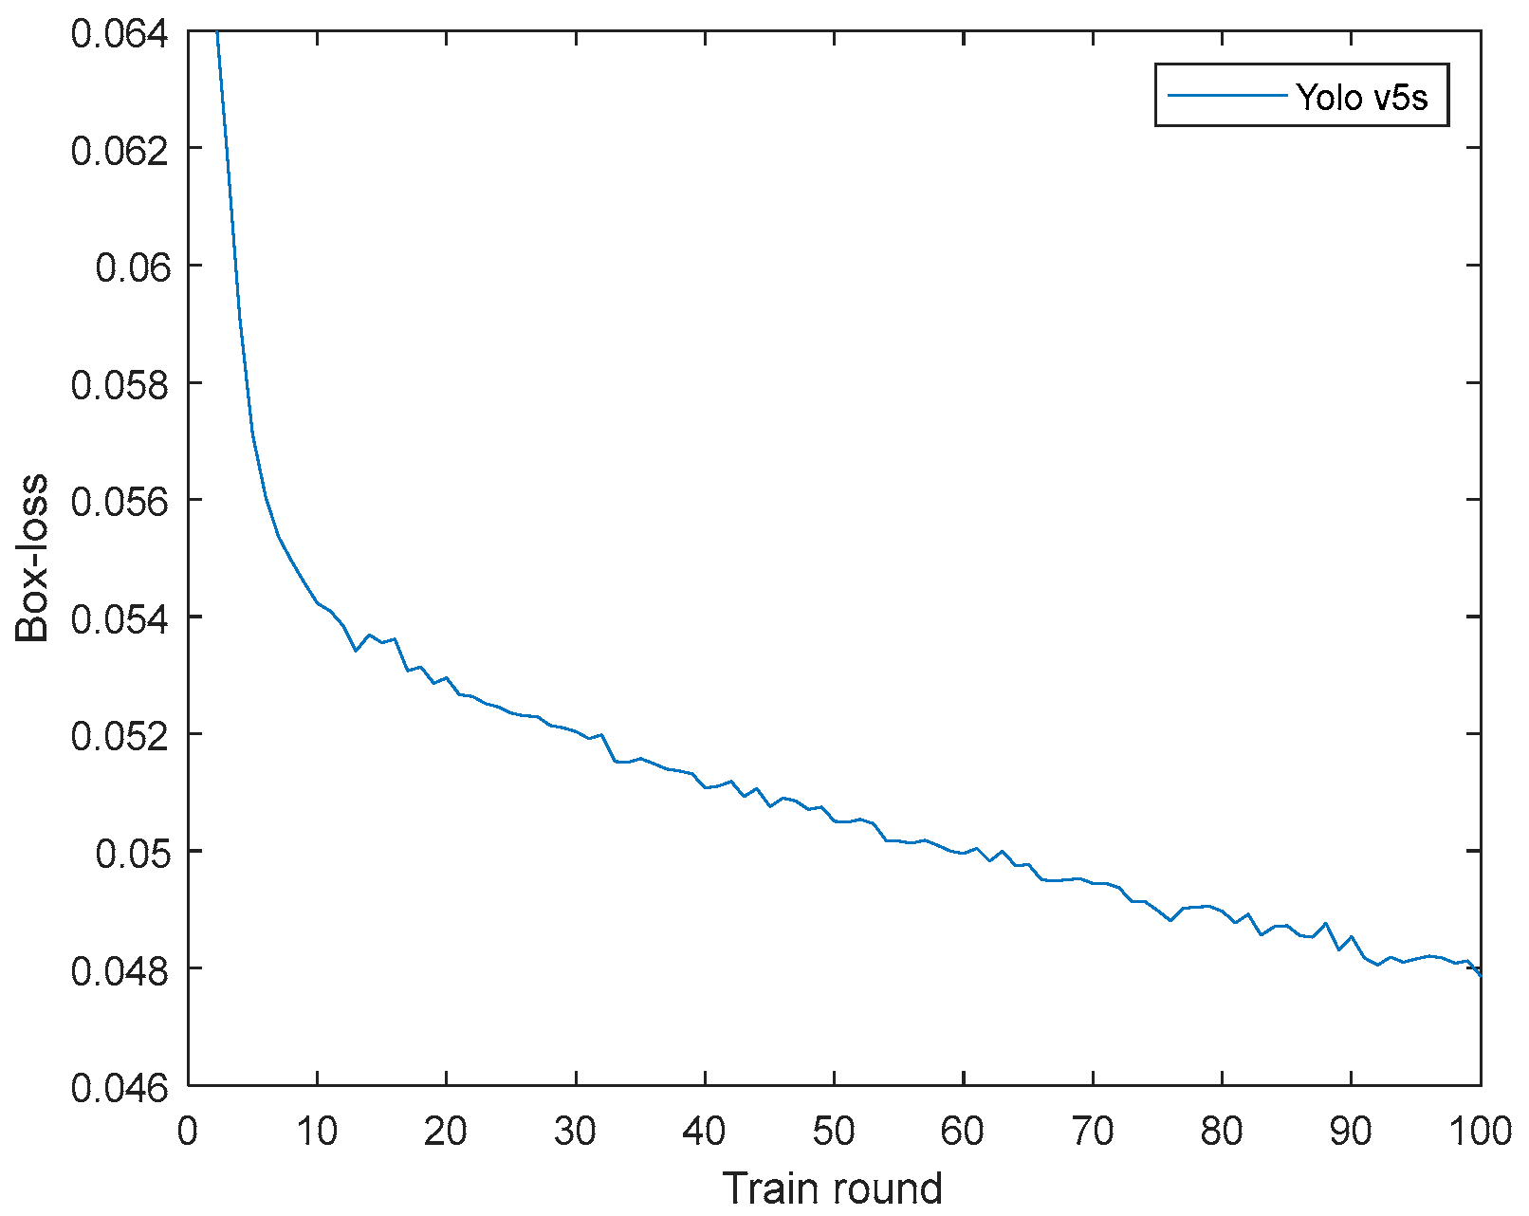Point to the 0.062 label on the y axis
pyautogui.click(x=119, y=150)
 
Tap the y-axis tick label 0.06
pyautogui.click(x=133, y=267)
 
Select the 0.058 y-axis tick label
pyautogui.click(x=119, y=384)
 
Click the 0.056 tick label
pyautogui.click(x=119, y=502)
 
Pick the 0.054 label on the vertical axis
pyautogui.click(x=119, y=618)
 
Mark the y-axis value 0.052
pyautogui.click(x=119, y=736)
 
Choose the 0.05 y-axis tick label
pyautogui.click(x=133, y=853)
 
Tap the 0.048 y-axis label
pyautogui.click(x=119, y=970)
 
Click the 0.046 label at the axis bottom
pyautogui.click(x=119, y=1087)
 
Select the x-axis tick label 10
pyautogui.click(x=317, y=1131)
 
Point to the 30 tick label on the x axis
pyautogui.click(x=576, y=1131)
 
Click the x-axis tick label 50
pyautogui.click(x=834, y=1131)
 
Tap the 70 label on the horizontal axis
pyautogui.click(x=1093, y=1131)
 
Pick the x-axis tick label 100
pyautogui.click(x=1480, y=1131)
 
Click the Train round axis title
pyautogui.click(x=833, y=1188)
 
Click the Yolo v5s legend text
pyautogui.click(x=1362, y=96)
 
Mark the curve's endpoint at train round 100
pyautogui.click(x=1480, y=975)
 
